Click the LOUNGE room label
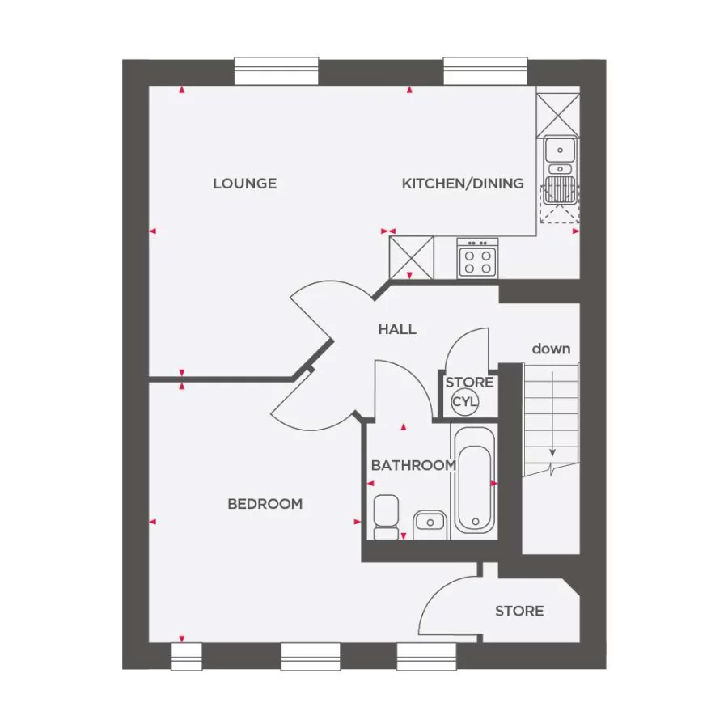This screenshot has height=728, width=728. click(x=244, y=184)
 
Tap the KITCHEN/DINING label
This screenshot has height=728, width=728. click(x=463, y=184)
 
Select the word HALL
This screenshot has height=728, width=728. click(x=397, y=329)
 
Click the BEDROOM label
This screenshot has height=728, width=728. click(x=265, y=504)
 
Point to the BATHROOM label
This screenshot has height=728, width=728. click(x=413, y=465)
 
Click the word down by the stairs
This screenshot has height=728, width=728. click(x=551, y=349)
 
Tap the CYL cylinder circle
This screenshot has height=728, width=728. click(x=465, y=401)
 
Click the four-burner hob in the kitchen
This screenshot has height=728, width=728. click(x=477, y=259)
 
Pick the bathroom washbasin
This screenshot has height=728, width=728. click(x=430, y=524)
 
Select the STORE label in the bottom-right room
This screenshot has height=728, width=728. click(x=519, y=612)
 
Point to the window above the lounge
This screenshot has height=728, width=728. click(x=277, y=71)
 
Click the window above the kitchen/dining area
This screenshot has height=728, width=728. click(x=486, y=71)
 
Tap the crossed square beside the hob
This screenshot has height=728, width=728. click(x=411, y=257)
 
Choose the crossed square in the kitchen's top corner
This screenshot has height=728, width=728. click(x=559, y=112)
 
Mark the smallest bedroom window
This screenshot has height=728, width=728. click(x=187, y=656)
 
